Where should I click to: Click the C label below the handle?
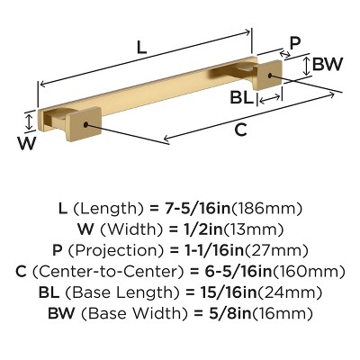pyautogui.click(x=240, y=130)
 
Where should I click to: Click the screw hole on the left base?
pyautogui.click(x=86, y=123)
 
